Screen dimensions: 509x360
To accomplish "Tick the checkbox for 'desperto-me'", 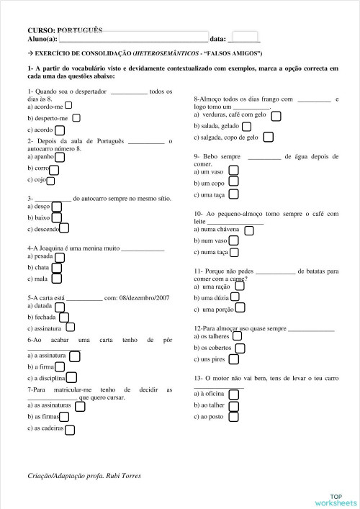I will [x=76, y=117].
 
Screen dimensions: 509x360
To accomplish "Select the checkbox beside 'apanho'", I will [x=60, y=156].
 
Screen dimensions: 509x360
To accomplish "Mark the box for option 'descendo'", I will [x=65, y=228].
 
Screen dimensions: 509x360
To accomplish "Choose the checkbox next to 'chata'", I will [x=57, y=267].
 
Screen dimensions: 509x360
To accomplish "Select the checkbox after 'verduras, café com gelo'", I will [x=276, y=114].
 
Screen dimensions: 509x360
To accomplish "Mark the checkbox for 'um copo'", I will [x=233, y=183].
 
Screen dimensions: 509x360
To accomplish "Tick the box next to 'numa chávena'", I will [x=249, y=230].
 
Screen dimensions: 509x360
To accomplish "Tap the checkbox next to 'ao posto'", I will [x=232, y=416].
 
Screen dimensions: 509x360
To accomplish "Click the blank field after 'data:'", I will [x=246, y=39].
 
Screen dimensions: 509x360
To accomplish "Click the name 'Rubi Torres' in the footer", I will [x=126, y=476].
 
